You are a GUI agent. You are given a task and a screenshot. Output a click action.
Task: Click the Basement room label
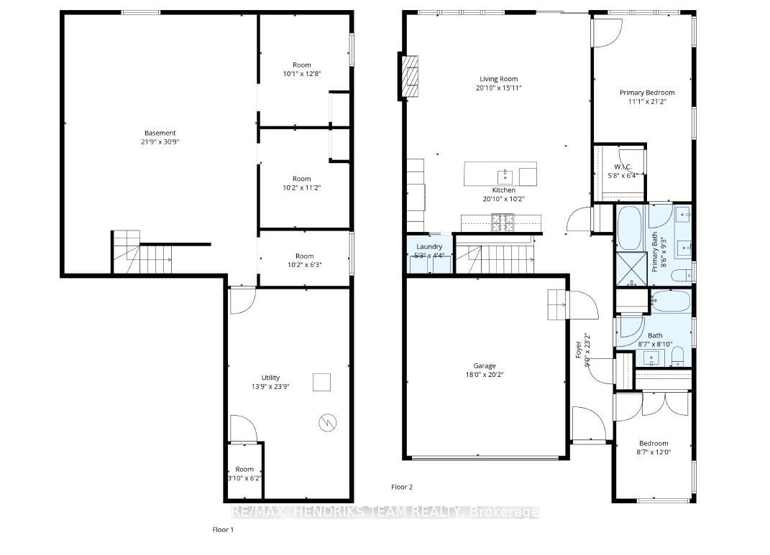tap(160, 133)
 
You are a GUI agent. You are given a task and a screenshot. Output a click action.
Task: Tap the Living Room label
tap(498, 79)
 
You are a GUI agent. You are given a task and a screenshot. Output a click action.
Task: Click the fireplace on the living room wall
tap(410, 76)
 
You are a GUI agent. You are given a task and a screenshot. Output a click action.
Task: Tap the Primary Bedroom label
tap(647, 93)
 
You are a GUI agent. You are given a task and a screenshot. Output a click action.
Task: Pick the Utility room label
tap(270, 378)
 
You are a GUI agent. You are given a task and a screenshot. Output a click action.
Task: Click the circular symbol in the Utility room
tap(326, 424)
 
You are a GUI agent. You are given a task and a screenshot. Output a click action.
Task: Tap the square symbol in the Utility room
tap(321, 383)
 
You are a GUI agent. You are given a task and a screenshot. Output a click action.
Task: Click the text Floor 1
tap(222, 530)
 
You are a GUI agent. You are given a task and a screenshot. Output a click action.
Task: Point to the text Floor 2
tap(402, 487)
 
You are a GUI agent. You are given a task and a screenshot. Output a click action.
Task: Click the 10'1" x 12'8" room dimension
tap(301, 73)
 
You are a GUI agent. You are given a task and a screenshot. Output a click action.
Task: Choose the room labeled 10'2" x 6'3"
tap(304, 260)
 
